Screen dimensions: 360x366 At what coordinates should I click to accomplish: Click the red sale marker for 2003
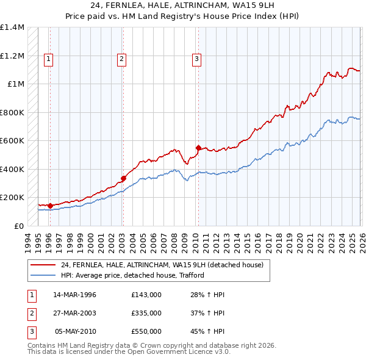[123, 179]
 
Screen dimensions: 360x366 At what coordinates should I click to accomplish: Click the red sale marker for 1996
[50, 206]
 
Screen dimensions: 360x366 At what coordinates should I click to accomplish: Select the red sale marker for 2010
[198, 148]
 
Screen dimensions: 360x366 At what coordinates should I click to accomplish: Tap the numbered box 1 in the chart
[48, 59]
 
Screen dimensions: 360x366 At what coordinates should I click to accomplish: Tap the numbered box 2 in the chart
[122, 59]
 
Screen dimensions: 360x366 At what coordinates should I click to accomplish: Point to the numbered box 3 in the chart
[197, 59]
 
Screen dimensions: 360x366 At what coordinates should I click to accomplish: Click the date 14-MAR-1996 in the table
[74, 295]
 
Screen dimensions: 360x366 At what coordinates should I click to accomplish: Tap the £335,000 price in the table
[146, 313]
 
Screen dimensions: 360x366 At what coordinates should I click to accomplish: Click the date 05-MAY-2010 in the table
[75, 331]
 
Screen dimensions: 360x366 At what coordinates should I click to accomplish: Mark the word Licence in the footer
[199, 351]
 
